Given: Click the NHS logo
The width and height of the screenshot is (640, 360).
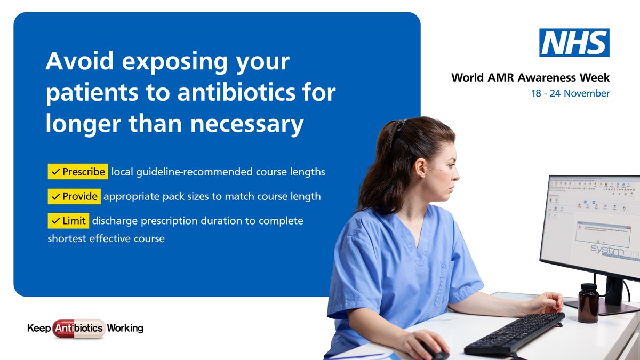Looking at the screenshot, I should coord(574,43).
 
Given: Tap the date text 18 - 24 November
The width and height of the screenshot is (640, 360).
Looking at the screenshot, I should coord(570,93).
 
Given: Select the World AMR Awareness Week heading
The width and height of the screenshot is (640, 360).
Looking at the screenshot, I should coord(530,78).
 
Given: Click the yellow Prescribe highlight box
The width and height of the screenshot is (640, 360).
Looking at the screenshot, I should coord(78,172).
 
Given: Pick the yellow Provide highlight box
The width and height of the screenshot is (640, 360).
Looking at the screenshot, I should coord(74,196).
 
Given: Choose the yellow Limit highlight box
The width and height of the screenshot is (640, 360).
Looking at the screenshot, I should coord(68,221).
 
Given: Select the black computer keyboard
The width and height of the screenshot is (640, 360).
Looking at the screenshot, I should coord(514,334).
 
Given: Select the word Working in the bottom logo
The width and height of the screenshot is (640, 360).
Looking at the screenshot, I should coord(125,329).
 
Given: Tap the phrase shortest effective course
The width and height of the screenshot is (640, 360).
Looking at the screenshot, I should coord(106,239).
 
